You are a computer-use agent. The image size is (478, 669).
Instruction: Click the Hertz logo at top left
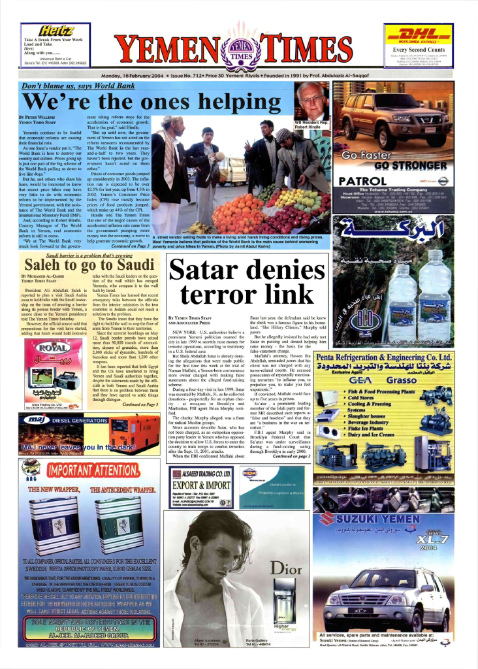pyautogui.click(x=57, y=30)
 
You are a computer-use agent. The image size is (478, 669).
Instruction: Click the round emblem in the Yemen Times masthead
pyautogui.click(x=239, y=50)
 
